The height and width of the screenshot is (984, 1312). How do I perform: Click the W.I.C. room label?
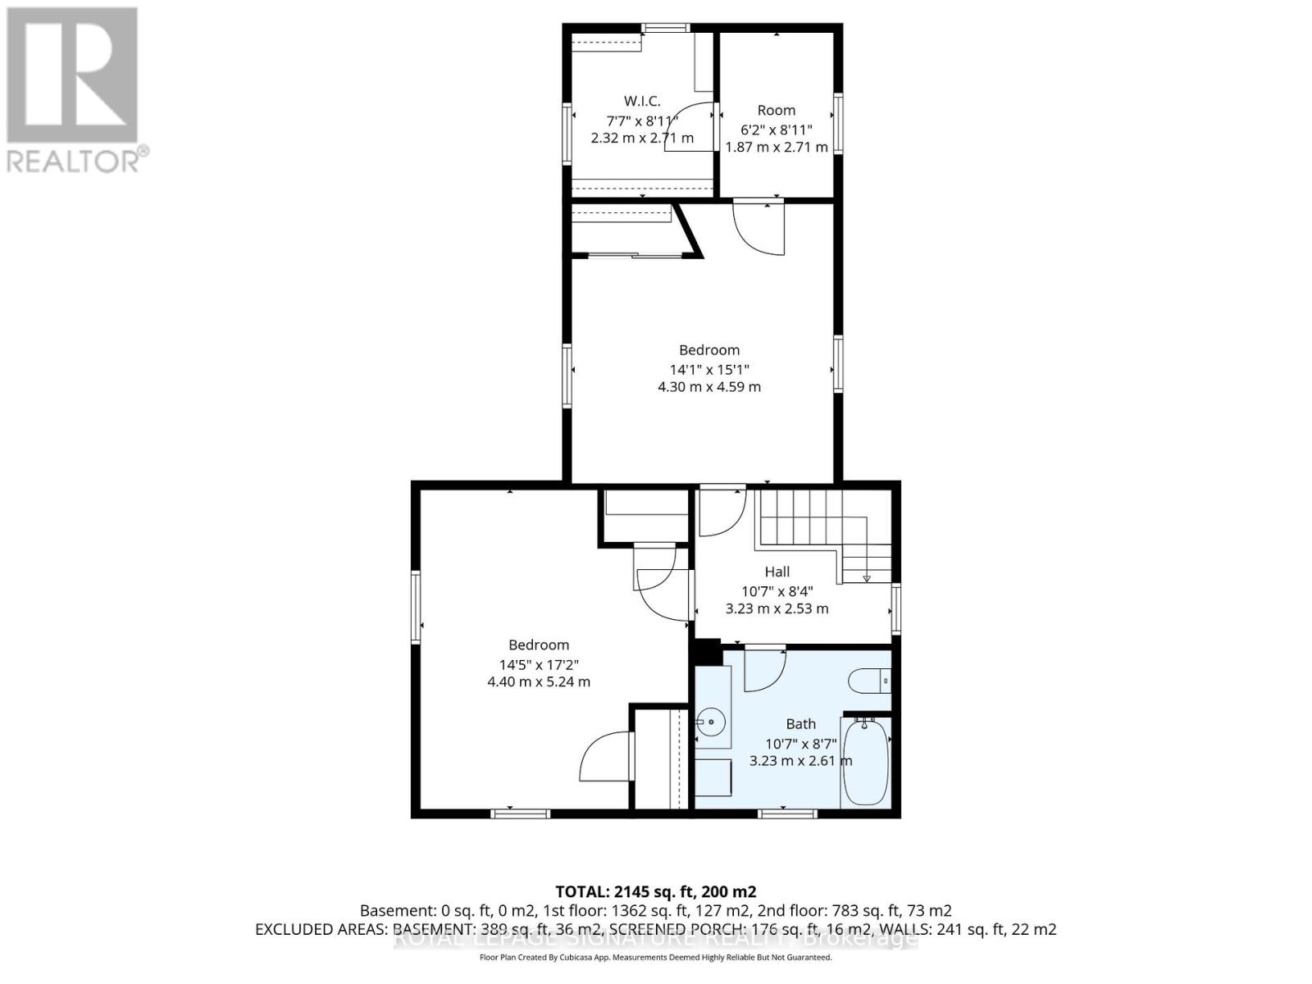pos(642,101)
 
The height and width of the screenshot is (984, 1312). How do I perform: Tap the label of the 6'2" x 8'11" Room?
pos(776,110)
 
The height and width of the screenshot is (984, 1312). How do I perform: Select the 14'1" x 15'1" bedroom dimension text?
pos(708,369)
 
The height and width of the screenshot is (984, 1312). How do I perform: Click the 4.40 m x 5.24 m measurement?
pos(538,681)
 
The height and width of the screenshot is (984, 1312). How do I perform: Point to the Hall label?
pos(777,572)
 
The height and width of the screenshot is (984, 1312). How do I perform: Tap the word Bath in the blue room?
pos(800,724)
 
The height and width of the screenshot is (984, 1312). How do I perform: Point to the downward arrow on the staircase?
pos(867,578)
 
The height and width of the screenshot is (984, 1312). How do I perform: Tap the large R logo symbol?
pos(72,74)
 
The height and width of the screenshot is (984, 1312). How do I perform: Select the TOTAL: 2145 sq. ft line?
pos(655,891)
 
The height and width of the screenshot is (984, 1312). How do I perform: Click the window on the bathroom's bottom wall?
pos(787,813)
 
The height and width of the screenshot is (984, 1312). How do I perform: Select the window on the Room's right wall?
pos(838,123)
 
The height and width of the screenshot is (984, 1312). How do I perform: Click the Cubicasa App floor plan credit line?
pos(655,957)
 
